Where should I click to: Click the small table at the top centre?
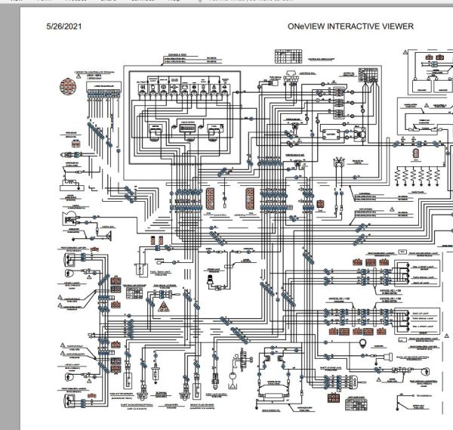(x=285, y=55)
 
